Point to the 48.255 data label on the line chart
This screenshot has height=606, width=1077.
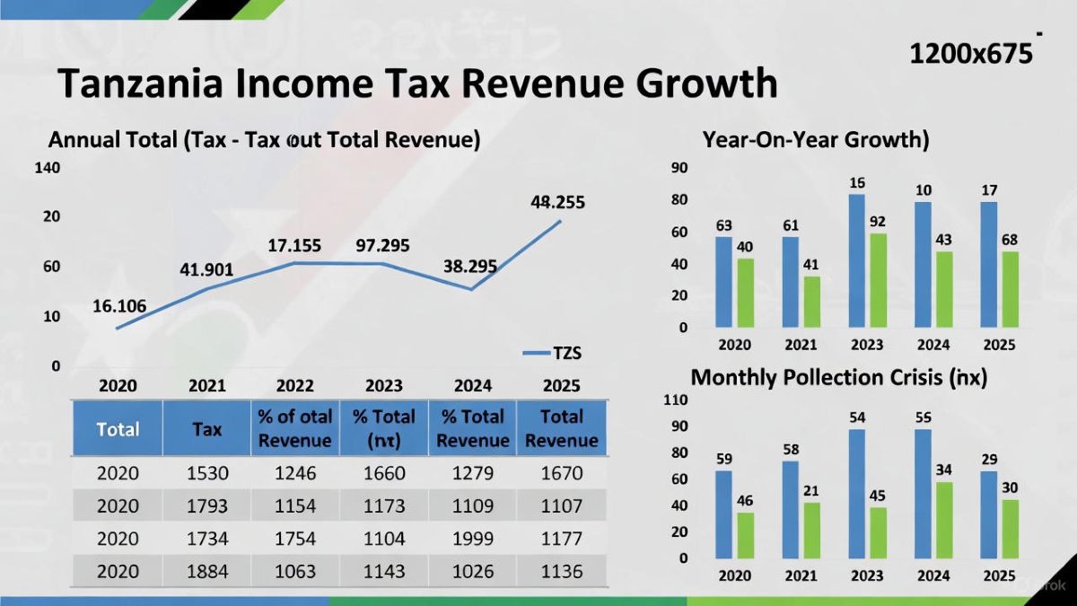tap(557, 203)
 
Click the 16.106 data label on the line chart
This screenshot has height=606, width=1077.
tap(119, 306)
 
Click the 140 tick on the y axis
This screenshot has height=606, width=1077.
tap(48, 168)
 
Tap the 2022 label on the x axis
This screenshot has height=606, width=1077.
tap(294, 386)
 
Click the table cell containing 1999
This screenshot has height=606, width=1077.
tap(473, 539)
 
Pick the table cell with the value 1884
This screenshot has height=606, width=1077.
tap(206, 571)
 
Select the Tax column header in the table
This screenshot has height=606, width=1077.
tap(206, 429)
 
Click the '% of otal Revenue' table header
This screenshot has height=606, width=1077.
tap(294, 429)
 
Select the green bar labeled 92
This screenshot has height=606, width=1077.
tap(878, 280)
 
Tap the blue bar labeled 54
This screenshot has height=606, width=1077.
tap(857, 493)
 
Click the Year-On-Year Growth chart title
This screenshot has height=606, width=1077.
tap(815, 140)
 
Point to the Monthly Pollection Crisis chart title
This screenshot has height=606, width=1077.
tap(838, 378)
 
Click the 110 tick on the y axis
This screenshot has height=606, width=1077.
tap(676, 400)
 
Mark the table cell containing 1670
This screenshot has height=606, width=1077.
tap(562, 473)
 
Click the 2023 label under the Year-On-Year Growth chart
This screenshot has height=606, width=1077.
tap(867, 345)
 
